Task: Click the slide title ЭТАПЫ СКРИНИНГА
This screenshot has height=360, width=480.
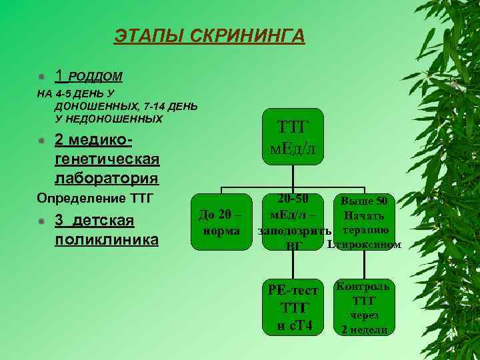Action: coord(209,35)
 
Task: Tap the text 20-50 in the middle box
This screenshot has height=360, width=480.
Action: coord(294,199)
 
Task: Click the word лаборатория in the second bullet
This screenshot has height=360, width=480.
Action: coord(106,178)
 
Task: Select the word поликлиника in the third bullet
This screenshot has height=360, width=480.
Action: coord(106,239)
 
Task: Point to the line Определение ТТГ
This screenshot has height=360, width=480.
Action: coord(95,199)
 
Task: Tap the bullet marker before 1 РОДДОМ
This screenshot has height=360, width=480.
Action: coord(41,77)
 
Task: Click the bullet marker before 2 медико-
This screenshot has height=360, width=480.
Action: coord(41,141)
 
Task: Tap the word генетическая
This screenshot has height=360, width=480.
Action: coord(107,159)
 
